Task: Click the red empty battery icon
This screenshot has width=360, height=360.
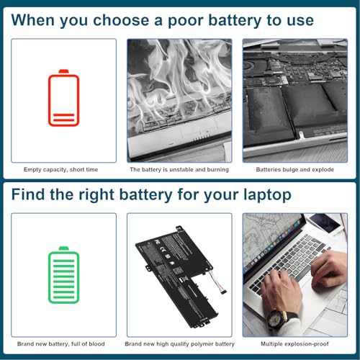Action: pyautogui.click(x=64, y=99)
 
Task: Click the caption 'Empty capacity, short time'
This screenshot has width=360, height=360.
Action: pyautogui.click(x=64, y=170)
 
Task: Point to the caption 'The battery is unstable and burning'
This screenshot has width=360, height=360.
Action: pyautogui.click(x=179, y=170)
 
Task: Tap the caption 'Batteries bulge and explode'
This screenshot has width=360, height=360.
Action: pyautogui.click(x=295, y=170)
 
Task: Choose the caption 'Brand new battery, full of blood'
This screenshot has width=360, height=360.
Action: pyautogui.click(x=64, y=344)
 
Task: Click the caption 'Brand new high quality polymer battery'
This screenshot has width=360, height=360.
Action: pyautogui.click(x=179, y=344)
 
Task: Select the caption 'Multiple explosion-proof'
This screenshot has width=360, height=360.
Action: pyautogui.click(x=295, y=344)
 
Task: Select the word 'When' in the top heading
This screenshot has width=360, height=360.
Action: pyautogui.click(x=37, y=19)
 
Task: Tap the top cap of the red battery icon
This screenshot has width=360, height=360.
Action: pyautogui.click(x=64, y=71)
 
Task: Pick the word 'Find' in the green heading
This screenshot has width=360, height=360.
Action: pyautogui.click(x=30, y=194)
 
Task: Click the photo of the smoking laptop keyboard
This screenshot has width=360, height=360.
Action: pyautogui.click(x=179, y=99)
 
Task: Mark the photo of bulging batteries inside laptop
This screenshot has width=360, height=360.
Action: pyautogui.click(x=295, y=99)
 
